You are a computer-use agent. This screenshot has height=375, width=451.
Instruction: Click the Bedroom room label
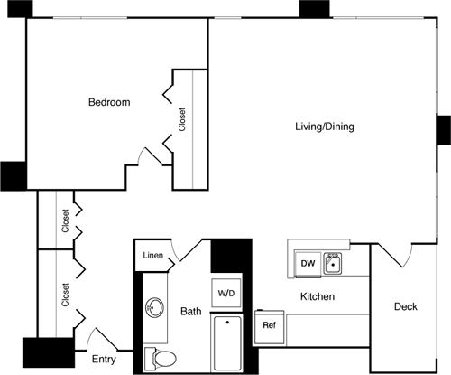coord(108,103)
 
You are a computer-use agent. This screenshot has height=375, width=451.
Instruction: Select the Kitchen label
coord(318,296)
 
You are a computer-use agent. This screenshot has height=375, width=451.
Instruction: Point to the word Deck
coord(406,307)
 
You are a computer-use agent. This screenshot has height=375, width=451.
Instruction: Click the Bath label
coord(191,312)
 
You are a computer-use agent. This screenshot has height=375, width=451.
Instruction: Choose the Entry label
coord(104,360)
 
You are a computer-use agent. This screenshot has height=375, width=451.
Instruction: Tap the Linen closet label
coord(153,256)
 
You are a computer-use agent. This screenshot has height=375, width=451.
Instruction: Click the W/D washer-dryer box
coord(225,293)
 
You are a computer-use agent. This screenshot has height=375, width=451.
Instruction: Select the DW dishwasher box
coord(307,264)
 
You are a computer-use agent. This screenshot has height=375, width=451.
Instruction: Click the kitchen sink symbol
coord(332,264)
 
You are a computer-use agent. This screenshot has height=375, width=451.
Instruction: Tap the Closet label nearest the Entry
coord(65,296)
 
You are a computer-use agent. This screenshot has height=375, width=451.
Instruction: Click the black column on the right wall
coord(444,130)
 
